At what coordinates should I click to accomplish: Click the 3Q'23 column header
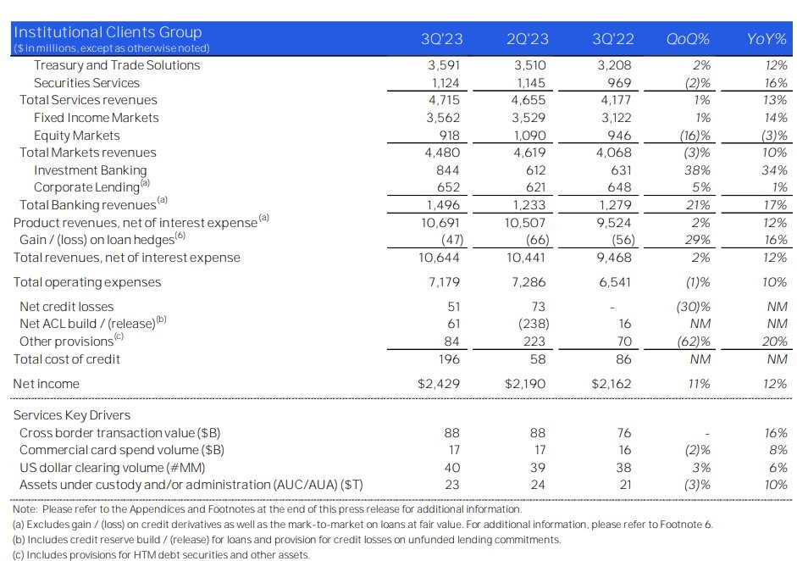pyautogui.click(x=442, y=39)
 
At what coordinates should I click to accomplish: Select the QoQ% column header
pyautogui.click(x=688, y=39)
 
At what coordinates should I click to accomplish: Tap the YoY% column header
pyautogui.click(x=767, y=39)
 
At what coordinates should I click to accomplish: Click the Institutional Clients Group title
pyautogui.click(x=108, y=32)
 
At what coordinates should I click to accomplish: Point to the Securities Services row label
pyautogui.click(x=86, y=83)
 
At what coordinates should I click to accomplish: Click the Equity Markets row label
pyautogui.click(x=77, y=136)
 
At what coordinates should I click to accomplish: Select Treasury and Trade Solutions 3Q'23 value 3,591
pyautogui.click(x=444, y=65)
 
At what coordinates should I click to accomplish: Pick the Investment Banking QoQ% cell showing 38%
pyautogui.click(x=697, y=170)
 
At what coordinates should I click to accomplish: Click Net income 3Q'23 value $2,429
pyautogui.click(x=439, y=384)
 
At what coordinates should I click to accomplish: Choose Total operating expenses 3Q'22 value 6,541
pyautogui.click(x=615, y=282)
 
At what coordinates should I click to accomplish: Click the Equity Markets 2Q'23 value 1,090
pyautogui.click(x=529, y=136)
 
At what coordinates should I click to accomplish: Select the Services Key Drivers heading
pyautogui.click(x=72, y=415)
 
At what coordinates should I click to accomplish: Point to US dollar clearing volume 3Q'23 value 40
pyautogui.click(x=452, y=468)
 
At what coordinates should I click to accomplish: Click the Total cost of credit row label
pyautogui.click(x=67, y=359)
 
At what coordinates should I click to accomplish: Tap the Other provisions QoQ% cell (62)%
pyautogui.click(x=694, y=342)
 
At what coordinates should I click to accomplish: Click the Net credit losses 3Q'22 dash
pyautogui.click(x=612, y=308)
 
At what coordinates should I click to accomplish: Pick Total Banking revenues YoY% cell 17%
pyautogui.click(x=775, y=205)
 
